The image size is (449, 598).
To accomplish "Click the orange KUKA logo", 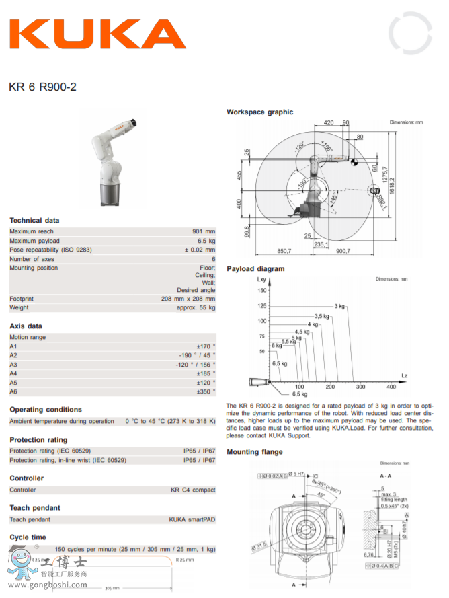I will [97, 33].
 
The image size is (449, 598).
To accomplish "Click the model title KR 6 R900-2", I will [43, 86].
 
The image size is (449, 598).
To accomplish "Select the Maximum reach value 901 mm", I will [204, 231].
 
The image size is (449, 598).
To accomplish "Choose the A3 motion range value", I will [196, 364].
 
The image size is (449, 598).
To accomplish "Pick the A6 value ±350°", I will [206, 391].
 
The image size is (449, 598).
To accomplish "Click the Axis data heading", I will [26, 326].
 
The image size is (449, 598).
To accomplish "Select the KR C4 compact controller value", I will [193, 490].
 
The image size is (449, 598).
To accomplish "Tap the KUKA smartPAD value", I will [192, 519].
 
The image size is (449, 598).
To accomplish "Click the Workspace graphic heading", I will [259, 112].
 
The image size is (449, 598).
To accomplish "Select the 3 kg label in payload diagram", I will [339, 307].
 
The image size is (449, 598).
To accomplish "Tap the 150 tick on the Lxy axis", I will [261, 291].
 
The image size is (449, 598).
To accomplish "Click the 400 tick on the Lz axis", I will [391, 387].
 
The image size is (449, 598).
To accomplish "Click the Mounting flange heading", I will [254, 452].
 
